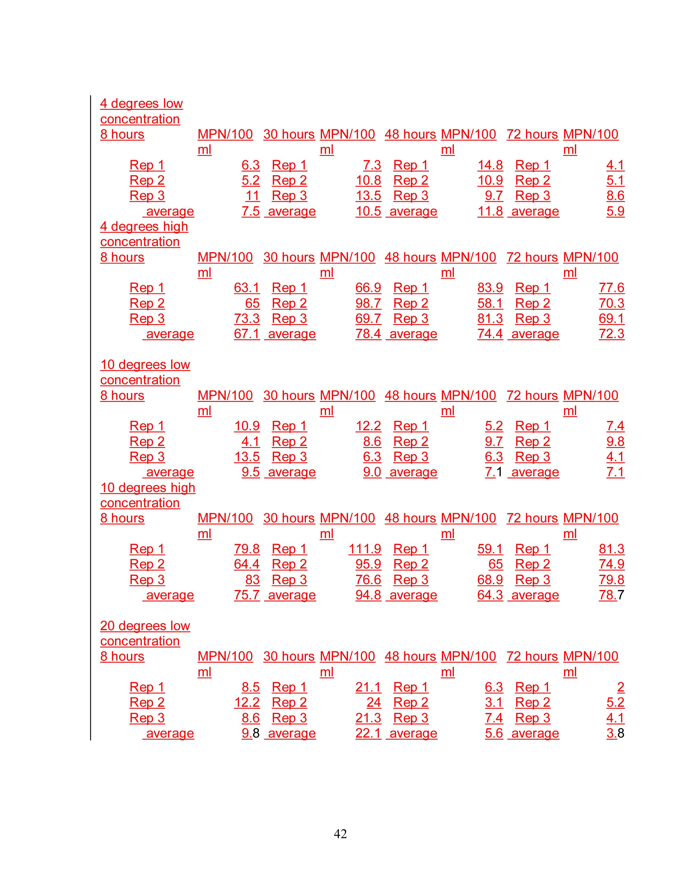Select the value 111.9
point(365,549)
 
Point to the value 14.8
point(490,165)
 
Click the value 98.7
point(368,303)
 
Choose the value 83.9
point(490,288)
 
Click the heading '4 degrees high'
point(144,226)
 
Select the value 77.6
point(611,288)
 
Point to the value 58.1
point(490,303)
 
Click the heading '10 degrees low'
point(145,364)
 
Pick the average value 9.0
point(372,472)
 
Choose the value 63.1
point(246,288)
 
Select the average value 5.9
point(615,211)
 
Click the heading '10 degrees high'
point(148,487)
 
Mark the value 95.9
point(368,564)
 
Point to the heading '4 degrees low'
point(141,103)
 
